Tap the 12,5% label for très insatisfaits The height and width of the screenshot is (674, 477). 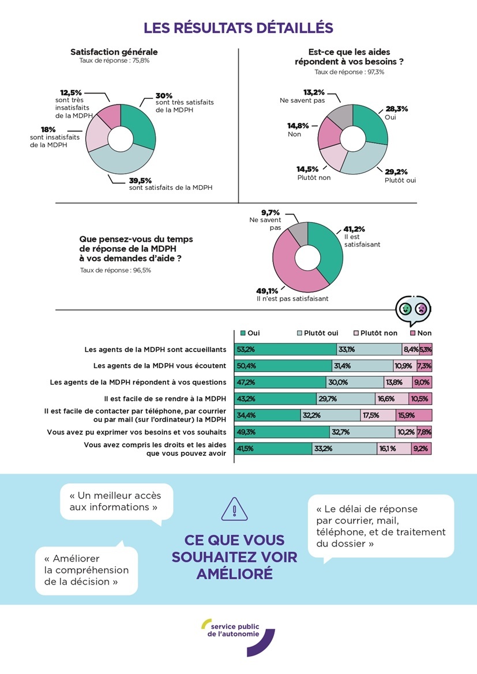click(72, 92)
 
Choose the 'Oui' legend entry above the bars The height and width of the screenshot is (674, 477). click(249, 333)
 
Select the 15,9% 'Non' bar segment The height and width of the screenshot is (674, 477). click(414, 415)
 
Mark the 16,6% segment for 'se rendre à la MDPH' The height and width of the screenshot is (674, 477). click(391, 399)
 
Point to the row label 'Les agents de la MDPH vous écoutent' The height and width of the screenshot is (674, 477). click(160, 366)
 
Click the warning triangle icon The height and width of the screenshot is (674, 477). click(234, 510)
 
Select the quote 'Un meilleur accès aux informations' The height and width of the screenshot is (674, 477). click(114, 501)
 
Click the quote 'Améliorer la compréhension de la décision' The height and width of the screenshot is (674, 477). click(87, 570)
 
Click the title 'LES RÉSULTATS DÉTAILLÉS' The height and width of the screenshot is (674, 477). click(238, 28)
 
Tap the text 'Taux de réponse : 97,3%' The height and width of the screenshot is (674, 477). click(350, 72)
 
